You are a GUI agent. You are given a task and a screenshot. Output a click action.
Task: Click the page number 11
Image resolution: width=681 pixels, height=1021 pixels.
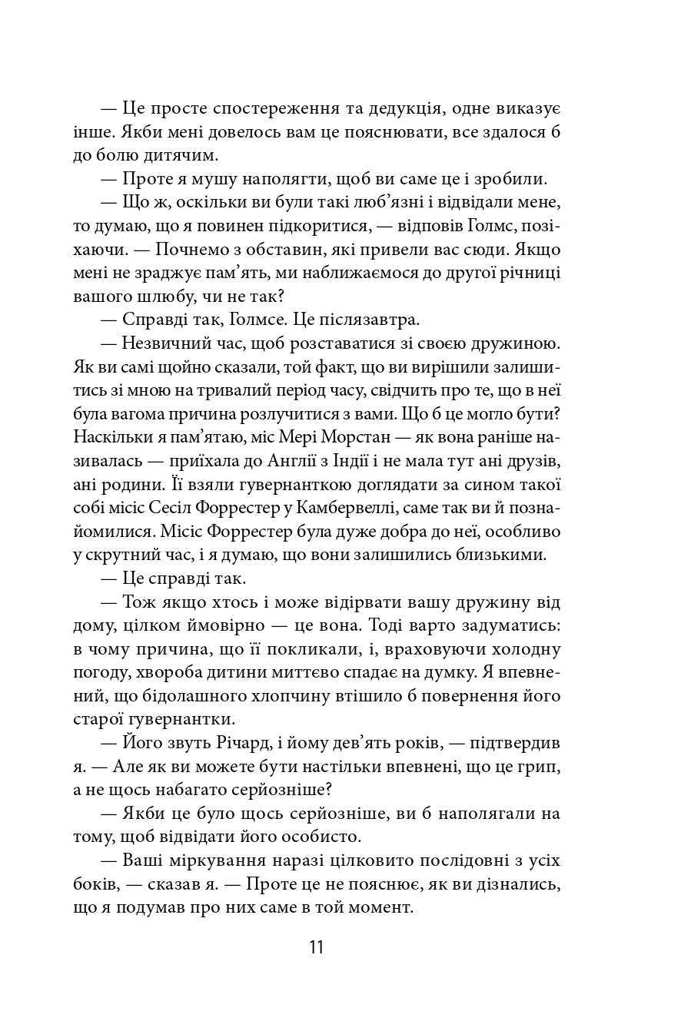(x=317, y=946)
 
